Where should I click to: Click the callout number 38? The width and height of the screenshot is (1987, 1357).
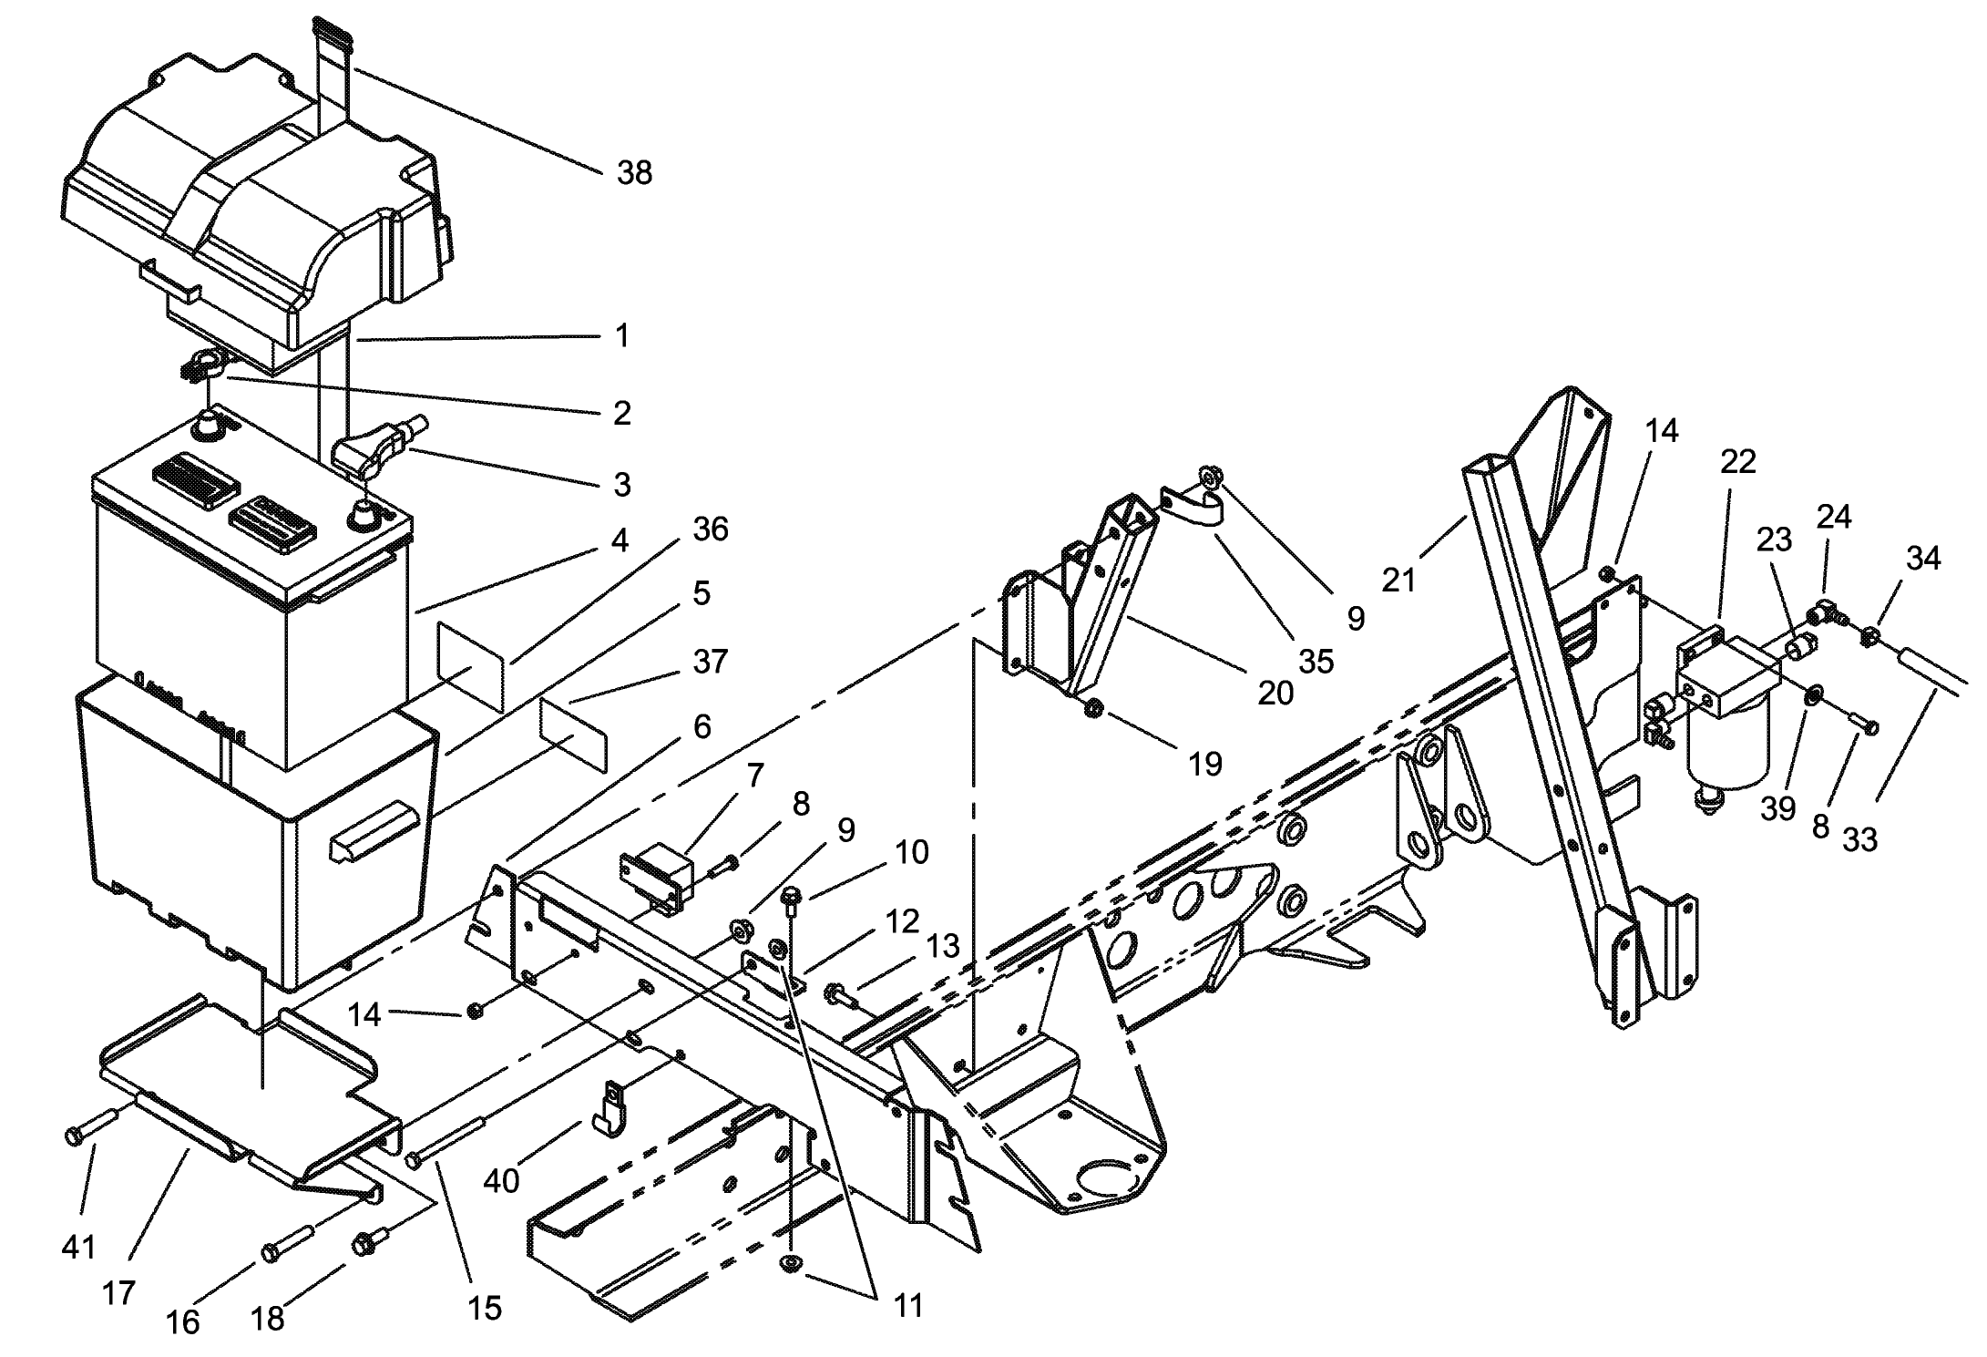(x=634, y=173)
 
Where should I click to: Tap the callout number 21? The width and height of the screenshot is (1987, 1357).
(x=1398, y=580)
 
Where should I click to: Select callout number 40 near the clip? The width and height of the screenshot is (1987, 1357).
(x=501, y=1181)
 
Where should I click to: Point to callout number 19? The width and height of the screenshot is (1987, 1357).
(x=1204, y=764)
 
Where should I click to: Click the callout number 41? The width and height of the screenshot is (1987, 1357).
(x=78, y=1246)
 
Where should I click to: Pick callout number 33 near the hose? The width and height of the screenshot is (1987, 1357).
(x=1859, y=839)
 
